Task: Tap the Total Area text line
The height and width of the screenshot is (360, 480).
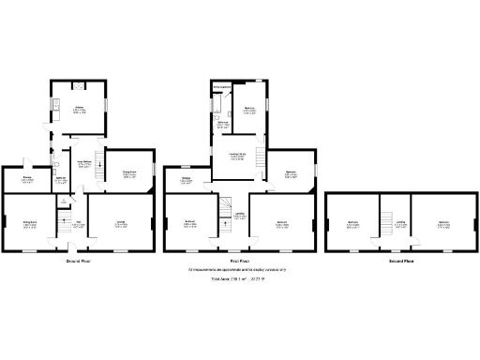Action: pos(239,279)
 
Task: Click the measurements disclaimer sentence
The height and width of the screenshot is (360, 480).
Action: pos(239,270)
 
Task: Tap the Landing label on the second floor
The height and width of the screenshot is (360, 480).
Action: pos(401,223)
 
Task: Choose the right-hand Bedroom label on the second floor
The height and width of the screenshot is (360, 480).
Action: pos(443,223)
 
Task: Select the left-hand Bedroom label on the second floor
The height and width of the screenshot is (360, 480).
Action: pos(352,223)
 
